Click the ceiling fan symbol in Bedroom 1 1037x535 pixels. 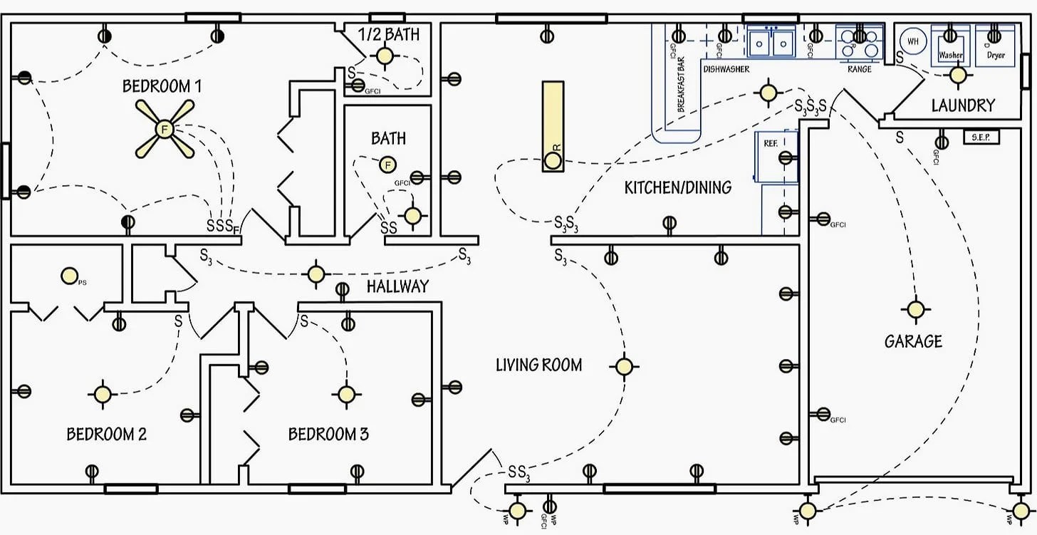(165, 129)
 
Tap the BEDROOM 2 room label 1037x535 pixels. (107, 434)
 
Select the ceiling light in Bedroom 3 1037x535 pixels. (346, 394)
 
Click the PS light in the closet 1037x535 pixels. (69, 275)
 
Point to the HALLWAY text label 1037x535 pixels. (397, 286)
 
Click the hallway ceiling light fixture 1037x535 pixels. (316, 274)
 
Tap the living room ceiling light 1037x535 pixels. (623, 366)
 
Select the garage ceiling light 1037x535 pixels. (915, 309)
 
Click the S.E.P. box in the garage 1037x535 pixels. (981, 136)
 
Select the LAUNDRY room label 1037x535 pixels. (963, 105)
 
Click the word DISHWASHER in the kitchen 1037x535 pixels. (726, 69)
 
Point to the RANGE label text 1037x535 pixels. (860, 69)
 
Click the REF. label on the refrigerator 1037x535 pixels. (770, 143)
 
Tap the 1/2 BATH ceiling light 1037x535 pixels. (385, 56)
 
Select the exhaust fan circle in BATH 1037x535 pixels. (387, 165)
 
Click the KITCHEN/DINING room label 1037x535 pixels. (677, 187)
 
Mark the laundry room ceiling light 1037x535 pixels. (958, 74)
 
